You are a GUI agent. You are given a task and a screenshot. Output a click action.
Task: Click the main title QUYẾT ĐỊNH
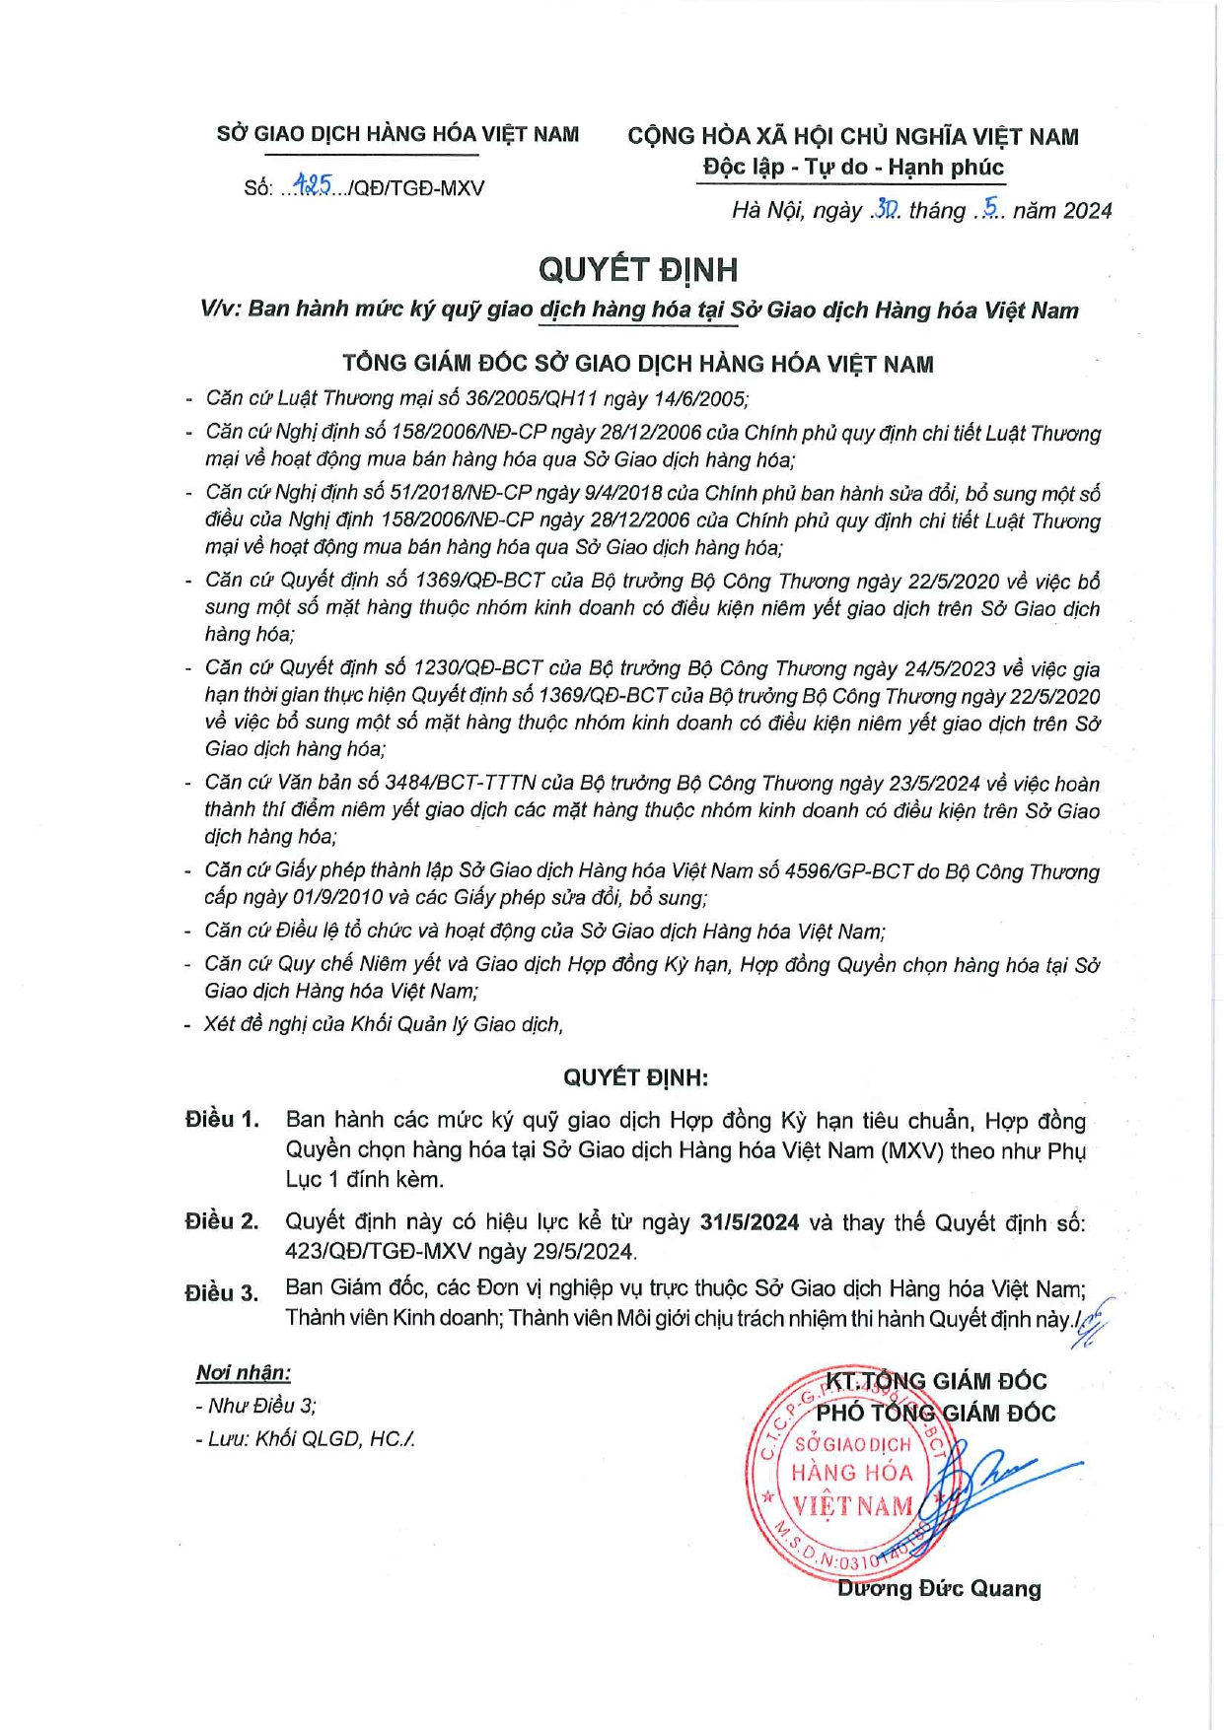637,269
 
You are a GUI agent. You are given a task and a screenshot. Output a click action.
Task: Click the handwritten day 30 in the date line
885,209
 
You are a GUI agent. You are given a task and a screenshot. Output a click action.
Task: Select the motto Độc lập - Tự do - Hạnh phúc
853,167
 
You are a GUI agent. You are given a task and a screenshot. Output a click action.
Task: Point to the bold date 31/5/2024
749,1222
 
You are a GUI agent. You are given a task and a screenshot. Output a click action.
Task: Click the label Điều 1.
222,1120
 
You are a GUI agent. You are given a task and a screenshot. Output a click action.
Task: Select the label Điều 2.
222,1221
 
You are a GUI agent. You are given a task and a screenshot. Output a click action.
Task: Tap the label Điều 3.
222,1292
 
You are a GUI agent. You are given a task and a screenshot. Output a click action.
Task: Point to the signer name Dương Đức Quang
939,1588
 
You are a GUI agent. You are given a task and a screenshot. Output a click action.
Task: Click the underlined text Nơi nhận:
244,1372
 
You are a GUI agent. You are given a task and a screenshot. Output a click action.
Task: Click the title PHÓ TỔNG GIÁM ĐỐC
935,1413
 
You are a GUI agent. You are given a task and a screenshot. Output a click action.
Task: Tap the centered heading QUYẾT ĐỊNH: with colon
636,1077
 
